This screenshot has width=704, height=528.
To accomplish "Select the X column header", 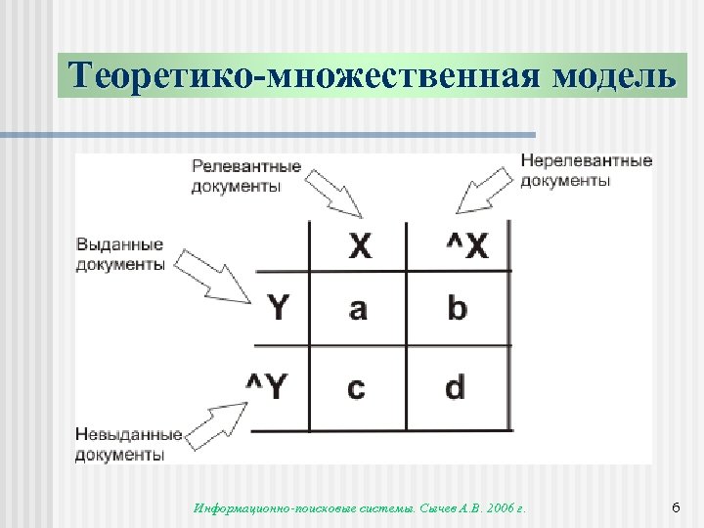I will (360, 245).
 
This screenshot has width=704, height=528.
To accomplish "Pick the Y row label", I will (279, 309).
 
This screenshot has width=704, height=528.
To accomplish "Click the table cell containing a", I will (358, 309).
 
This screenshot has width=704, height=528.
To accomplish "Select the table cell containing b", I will (457, 309).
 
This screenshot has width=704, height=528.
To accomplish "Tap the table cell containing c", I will (356, 388).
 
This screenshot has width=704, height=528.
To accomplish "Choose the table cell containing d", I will (456, 388).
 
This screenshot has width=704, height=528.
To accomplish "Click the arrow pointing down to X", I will (335, 192).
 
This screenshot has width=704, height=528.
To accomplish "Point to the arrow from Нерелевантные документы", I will (485, 191).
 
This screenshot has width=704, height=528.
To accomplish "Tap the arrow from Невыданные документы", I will (216, 422).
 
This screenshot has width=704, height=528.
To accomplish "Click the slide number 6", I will (676, 507).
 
